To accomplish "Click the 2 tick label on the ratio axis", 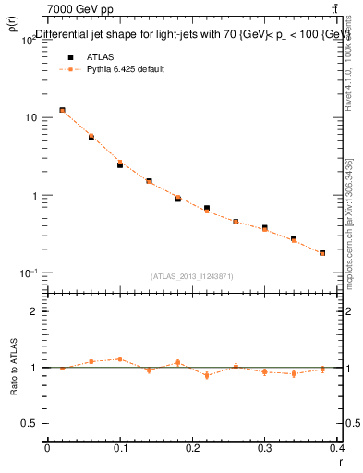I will pyautogui.click(x=34, y=312).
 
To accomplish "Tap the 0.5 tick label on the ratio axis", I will pyautogui.click(x=30, y=423).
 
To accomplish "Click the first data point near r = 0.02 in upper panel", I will pyautogui.click(x=62, y=110).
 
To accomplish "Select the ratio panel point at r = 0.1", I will pyautogui.click(x=120, y=359).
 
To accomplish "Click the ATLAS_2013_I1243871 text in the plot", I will pyautogui.click(x=192, y=276).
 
